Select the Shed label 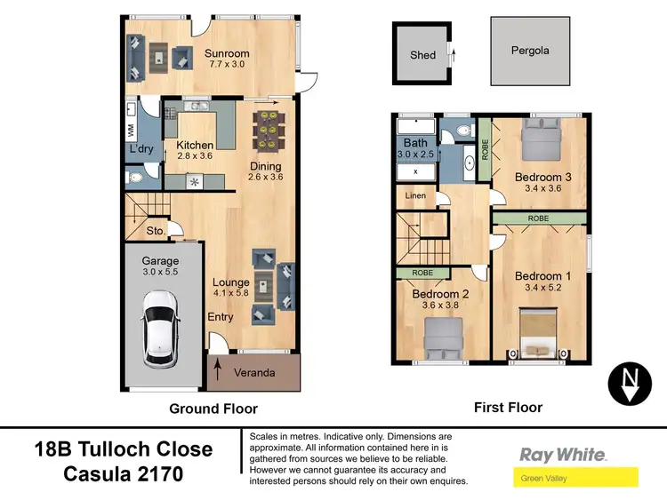(422, 55)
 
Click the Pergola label (529, 51)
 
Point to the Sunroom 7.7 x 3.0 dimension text (229, 65)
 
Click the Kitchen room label (195, 146)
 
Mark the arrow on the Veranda (219, 371)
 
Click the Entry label (220, 317)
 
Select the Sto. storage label (156, 231)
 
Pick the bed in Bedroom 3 (540, 139)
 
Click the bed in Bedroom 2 (441, 338)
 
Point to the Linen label (415, 195)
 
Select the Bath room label (415, 143)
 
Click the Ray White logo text (563, 454)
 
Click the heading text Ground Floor (213, 409)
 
